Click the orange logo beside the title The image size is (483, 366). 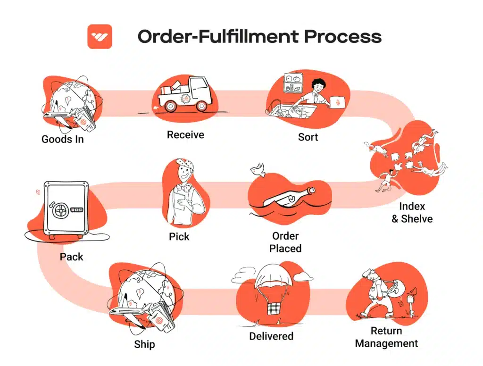click(100, 36)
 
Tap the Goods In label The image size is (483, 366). click(63, 139)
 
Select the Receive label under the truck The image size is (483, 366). click(185, 135)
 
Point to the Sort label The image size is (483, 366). click(308, 137)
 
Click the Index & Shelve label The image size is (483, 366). click(412, 212)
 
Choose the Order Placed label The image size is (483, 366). click(285, 242)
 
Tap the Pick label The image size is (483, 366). click(179, 236)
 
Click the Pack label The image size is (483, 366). click(72, 257)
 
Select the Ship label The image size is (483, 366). click(144, 344)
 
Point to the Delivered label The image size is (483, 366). click(271, 336)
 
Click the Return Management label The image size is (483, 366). click(386, 337)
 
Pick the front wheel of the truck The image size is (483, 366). click(200, 106)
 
